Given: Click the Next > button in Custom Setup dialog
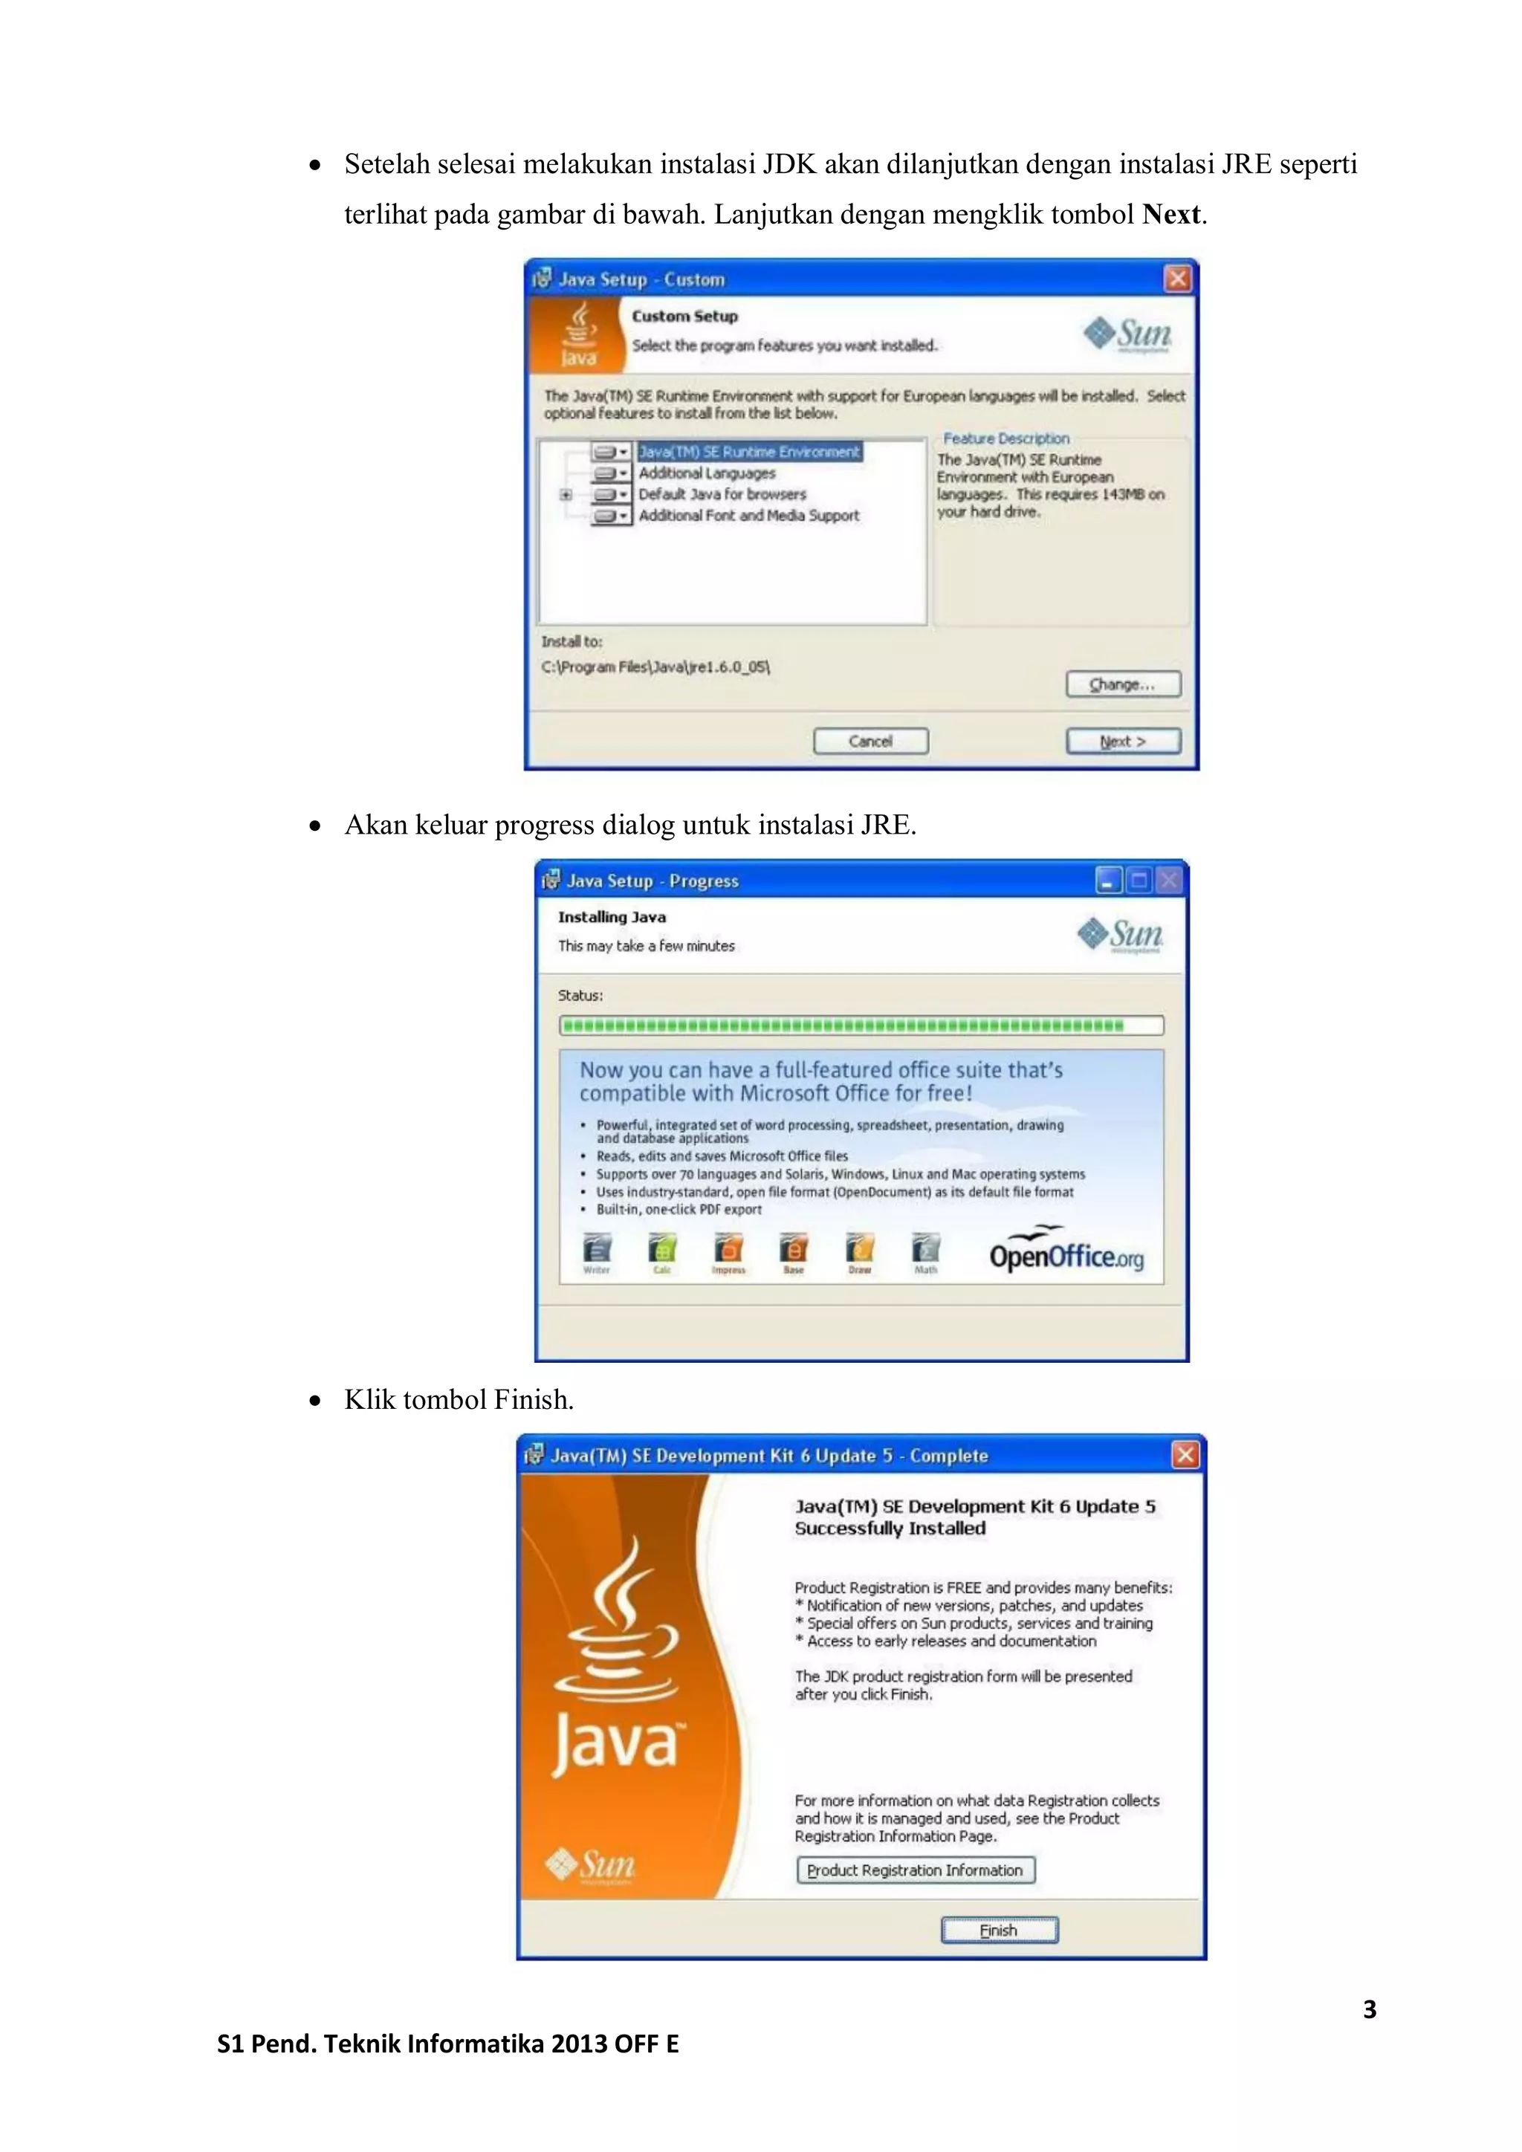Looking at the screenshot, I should coord(1123,742).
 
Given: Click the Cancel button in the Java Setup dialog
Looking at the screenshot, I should coord(871,742).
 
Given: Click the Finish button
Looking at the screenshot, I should coord(999,1931).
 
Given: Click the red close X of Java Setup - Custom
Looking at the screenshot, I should coord(1177,279).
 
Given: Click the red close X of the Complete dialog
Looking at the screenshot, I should coord(1185,1455).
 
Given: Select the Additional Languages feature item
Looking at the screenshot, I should coord(707,473).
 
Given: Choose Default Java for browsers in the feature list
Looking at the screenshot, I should coord(722,494).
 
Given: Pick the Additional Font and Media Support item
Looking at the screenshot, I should coord(748,516).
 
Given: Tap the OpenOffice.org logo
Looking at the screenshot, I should coord(1066,1252).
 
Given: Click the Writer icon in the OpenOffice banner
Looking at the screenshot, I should coord(597,1251).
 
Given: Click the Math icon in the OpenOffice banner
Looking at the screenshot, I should coord(926,1251).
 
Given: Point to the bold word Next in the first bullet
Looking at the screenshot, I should coord(1170,215).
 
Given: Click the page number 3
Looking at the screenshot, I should coord(1369,2009).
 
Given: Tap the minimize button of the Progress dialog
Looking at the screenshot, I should coord(1109,880).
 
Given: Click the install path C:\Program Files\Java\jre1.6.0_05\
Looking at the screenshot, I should coord(655,667).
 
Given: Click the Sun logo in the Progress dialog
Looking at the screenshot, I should coord(1121,935).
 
